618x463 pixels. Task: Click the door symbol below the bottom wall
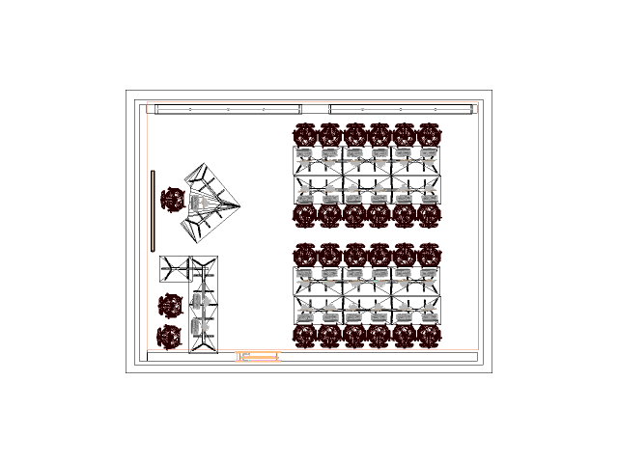point(258,357)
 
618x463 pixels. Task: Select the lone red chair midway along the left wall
point(173,201)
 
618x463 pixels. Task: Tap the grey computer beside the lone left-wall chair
point(197,202)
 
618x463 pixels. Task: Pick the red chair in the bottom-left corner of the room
point(170,337)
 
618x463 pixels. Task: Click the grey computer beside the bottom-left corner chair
point(197,326)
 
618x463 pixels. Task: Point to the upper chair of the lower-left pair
point(170,306)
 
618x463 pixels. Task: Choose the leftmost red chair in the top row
point(305,134)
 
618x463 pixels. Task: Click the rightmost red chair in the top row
point(430,134)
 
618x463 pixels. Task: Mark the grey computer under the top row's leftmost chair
point(305,154)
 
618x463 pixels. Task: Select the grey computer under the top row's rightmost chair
point(429,154)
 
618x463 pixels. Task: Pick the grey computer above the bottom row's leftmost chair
point(305,313)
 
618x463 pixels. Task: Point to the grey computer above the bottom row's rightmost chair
point(429,313)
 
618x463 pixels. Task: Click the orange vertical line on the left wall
point(153,210)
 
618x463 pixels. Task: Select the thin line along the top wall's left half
point(228,109)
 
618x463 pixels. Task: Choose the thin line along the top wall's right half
point(401,109)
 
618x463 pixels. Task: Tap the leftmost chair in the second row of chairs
point(305,215)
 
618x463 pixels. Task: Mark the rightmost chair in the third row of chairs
point(430,255)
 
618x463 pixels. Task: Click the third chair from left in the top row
point(354,134)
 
